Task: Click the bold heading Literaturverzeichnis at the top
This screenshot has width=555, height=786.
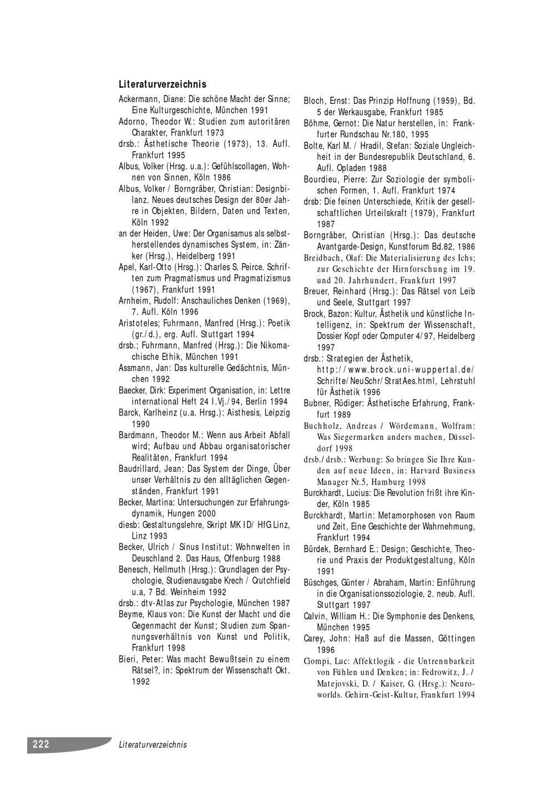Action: pyautogui.click(x=163, y=84)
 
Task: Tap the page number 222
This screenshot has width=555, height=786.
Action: pyautogui.click(x=41, y=744)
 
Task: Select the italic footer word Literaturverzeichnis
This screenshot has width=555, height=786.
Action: pyautogui.click(x=153, y=745)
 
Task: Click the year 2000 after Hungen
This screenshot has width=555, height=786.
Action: pyautogui.click(x=206, y=514)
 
